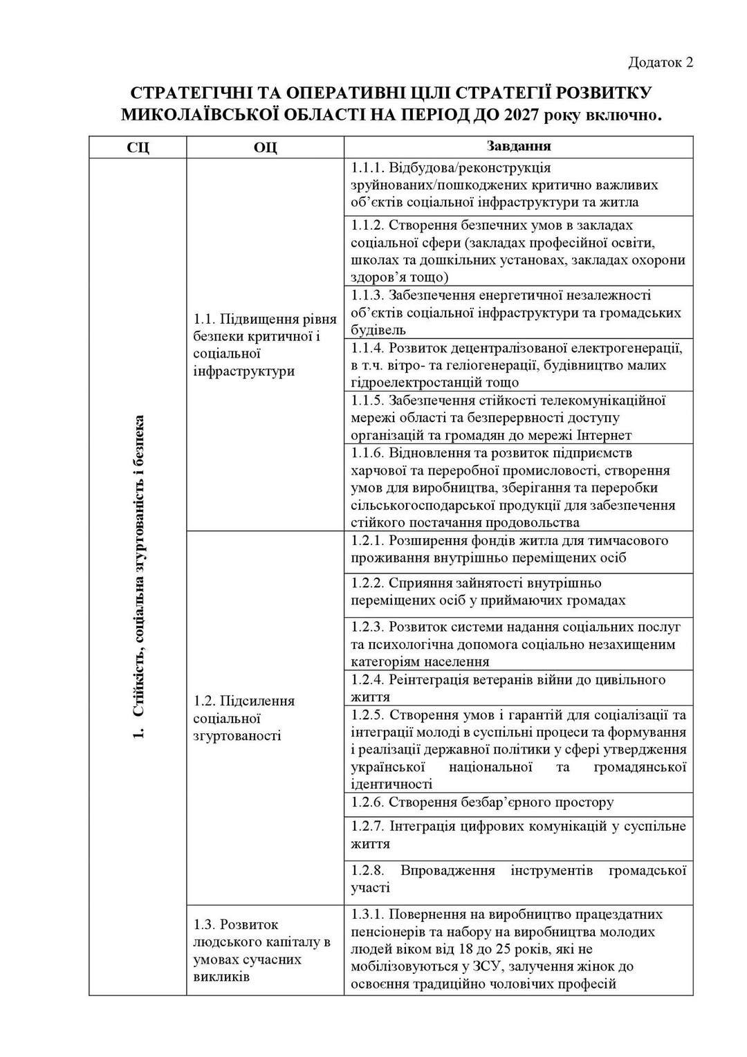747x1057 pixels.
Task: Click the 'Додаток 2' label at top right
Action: click(660, 63)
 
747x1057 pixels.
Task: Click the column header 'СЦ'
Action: click(137, 147)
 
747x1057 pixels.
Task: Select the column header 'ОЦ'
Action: click(265, 147)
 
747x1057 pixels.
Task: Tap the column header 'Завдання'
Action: click(518, 147)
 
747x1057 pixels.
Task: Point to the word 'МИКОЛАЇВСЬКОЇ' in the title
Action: click(201, 113)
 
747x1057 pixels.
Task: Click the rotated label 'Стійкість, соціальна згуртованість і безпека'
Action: click(138, 577)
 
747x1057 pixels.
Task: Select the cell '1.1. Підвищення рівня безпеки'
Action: click(265, 344)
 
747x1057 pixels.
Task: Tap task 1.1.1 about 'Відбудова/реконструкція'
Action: click(504, 185)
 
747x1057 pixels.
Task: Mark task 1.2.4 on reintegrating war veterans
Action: click(508, 688)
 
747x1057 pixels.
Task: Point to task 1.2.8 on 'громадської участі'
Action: click(518, 879)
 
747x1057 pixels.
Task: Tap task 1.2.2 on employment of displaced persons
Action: click(488, 591)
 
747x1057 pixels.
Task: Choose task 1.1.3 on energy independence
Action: click(515, 312)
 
